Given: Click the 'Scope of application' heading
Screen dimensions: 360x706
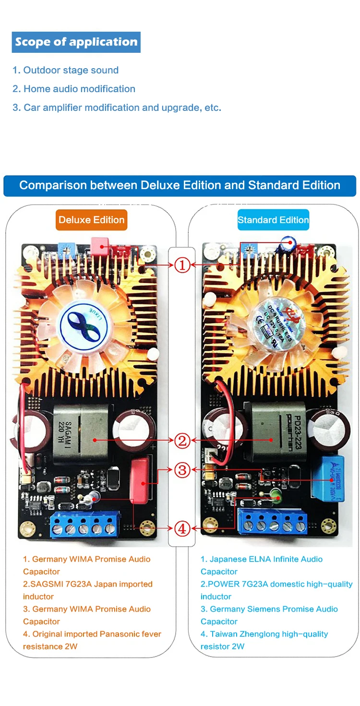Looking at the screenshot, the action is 76,42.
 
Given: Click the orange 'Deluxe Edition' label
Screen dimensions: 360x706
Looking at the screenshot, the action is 91,220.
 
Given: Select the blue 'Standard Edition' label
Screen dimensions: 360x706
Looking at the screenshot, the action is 273,220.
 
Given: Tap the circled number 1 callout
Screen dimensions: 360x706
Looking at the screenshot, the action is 182,264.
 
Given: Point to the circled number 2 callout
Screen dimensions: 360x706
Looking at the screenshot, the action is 182,440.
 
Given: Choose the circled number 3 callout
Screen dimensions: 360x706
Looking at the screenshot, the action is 182,470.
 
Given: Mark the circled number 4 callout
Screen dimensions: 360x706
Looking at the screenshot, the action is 182,528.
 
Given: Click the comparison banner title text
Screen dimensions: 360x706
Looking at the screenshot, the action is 180,186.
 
